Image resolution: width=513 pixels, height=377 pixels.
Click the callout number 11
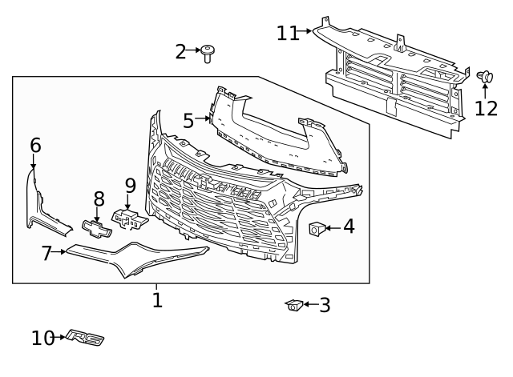coord(288,34)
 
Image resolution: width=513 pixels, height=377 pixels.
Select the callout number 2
coord(180,51)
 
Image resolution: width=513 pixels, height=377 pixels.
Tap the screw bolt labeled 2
coord(208,54)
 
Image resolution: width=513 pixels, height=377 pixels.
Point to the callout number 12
coord(486,109)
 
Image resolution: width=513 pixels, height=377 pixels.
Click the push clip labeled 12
coord(484,78)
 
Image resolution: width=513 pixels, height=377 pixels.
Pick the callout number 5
coord(188,121)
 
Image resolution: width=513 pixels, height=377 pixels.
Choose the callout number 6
coord(35,145)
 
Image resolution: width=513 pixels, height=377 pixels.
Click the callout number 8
coord(99,199)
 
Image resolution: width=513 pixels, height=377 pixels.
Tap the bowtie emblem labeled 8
coord(97,229)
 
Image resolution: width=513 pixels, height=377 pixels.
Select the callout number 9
coord(130,186)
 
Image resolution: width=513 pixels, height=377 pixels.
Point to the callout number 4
coord(349,227)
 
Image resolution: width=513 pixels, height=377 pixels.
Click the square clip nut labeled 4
coord(317,228)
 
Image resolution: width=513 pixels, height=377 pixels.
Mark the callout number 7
coord(46,253)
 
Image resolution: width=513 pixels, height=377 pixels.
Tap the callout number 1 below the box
coord(157,300)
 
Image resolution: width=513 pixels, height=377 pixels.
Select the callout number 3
coord(325,306)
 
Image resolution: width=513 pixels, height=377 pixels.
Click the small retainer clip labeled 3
coord(294,305)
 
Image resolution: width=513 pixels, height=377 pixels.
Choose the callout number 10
coord(42,338)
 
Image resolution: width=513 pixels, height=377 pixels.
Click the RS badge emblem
coord(85,338)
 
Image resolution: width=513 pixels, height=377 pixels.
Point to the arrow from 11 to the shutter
coord(305,31)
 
